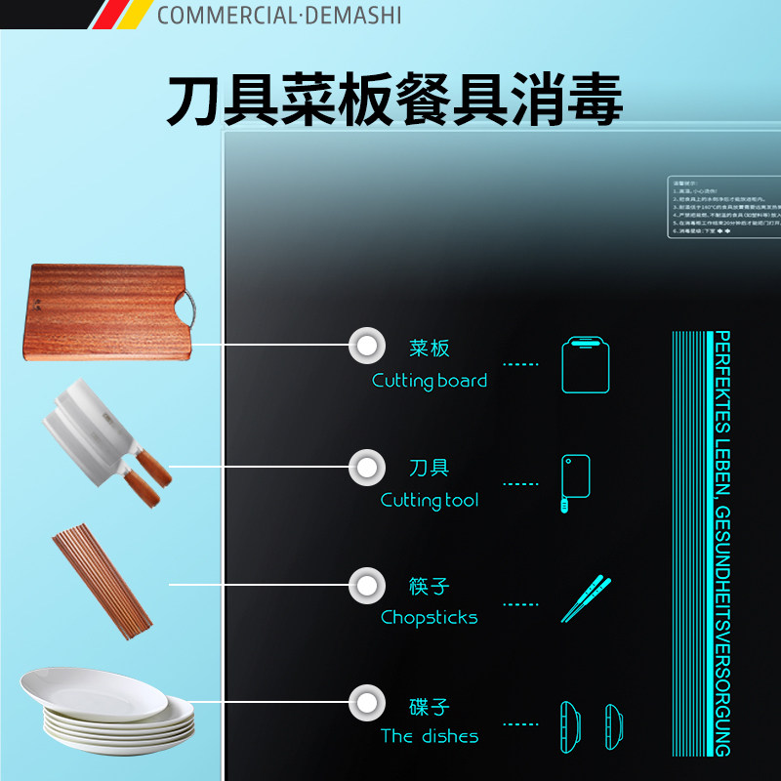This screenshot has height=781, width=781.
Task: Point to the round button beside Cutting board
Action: (366, 344)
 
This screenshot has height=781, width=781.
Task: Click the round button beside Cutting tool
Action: (366, 467)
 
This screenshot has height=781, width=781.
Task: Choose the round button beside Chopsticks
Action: (366, 586)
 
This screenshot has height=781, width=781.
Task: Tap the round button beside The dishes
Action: (366, 702)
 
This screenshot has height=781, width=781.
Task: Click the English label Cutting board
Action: (430, 381)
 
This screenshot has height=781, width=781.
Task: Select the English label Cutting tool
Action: (430, 500)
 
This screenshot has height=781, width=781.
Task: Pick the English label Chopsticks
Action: (430, 617)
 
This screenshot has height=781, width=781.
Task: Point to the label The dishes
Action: (430, 736)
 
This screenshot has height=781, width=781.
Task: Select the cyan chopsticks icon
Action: (586, 599)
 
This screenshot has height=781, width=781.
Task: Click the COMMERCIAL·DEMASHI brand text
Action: (278, 15)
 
